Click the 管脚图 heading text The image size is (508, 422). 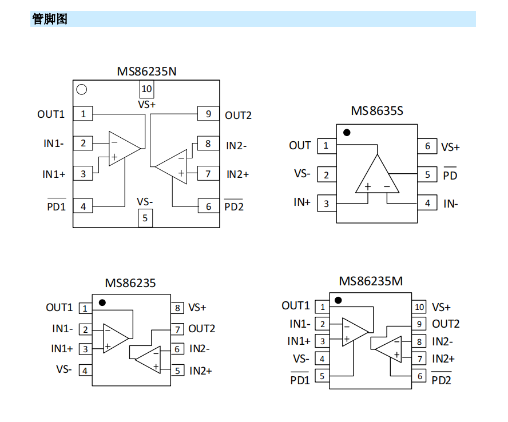click(50, 19)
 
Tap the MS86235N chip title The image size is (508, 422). click(147, 71)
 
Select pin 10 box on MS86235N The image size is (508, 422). click(147, 89)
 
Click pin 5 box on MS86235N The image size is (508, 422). click(145, 218)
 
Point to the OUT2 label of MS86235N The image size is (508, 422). click(238, 116)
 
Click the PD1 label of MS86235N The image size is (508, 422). click(56, 206)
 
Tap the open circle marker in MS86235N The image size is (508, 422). click(82, 89)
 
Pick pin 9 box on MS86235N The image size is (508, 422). click(208, 114)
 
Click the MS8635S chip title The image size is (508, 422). click(377, 111)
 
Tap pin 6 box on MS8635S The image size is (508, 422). click(427, 146)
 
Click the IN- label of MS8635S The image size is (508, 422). click(450, 204)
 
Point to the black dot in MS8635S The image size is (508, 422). click(347, 133)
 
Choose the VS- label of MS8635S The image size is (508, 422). click(302, 173)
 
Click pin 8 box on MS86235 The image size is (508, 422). click(178, 308)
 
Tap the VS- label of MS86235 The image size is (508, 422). click(64, 369)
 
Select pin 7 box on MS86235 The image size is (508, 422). click(178, 329)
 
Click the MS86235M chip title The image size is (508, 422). click(371, 281)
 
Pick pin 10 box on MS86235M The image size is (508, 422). click(419, 307)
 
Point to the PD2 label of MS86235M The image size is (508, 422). click(441, 379)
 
